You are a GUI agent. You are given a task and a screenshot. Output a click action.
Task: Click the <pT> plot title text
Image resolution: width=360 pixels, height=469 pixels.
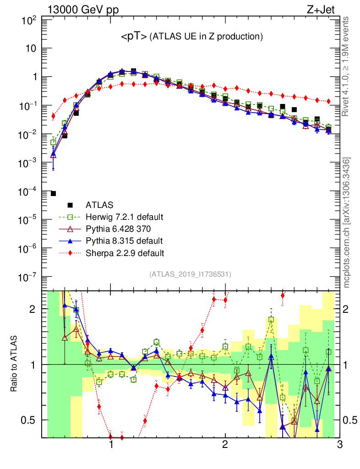191,37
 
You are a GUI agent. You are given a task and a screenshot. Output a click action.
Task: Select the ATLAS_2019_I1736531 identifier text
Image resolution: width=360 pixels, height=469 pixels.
190,274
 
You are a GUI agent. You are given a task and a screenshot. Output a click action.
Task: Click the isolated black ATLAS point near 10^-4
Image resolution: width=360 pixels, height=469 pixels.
53,194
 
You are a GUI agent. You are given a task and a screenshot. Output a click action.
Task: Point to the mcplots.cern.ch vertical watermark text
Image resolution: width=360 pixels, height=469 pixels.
347,222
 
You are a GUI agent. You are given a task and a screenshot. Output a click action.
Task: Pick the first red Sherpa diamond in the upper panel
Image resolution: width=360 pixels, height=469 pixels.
53,116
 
